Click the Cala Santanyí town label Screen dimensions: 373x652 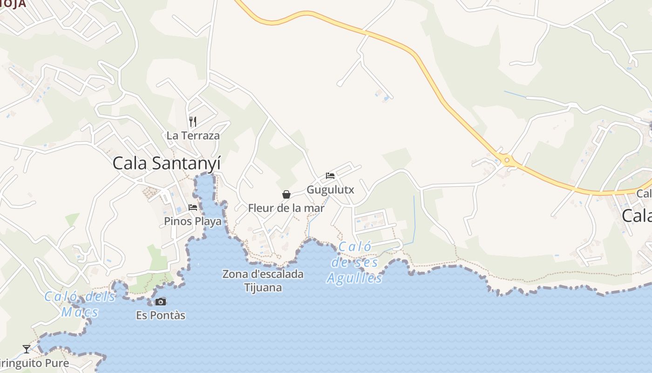(166, 164)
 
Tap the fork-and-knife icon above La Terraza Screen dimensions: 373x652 (193, 122)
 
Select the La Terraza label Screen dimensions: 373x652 (193, 136)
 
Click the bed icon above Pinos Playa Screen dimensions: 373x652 (193, 207)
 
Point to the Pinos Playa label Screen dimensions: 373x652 (193, 221)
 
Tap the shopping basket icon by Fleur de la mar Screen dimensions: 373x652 (286, 194)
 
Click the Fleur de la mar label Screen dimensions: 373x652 (286, 208)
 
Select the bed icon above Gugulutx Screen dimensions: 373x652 (330, 176)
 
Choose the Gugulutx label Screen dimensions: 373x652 (330, 190)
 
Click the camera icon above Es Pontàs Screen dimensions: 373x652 (161, 302)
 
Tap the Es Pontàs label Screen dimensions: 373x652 (161, 316)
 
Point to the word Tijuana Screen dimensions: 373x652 (263, 287)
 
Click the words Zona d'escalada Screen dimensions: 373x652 (263, 274)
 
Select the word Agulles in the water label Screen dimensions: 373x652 (354, 279)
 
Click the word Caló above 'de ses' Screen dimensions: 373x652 (355, 247)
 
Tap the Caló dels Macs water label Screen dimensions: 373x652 (80, 304)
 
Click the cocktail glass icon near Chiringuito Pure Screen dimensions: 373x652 (27, 349)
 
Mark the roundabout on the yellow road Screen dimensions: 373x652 (507, 161)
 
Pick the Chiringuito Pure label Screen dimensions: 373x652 (34, 363)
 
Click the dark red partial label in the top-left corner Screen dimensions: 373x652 (13, 4)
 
